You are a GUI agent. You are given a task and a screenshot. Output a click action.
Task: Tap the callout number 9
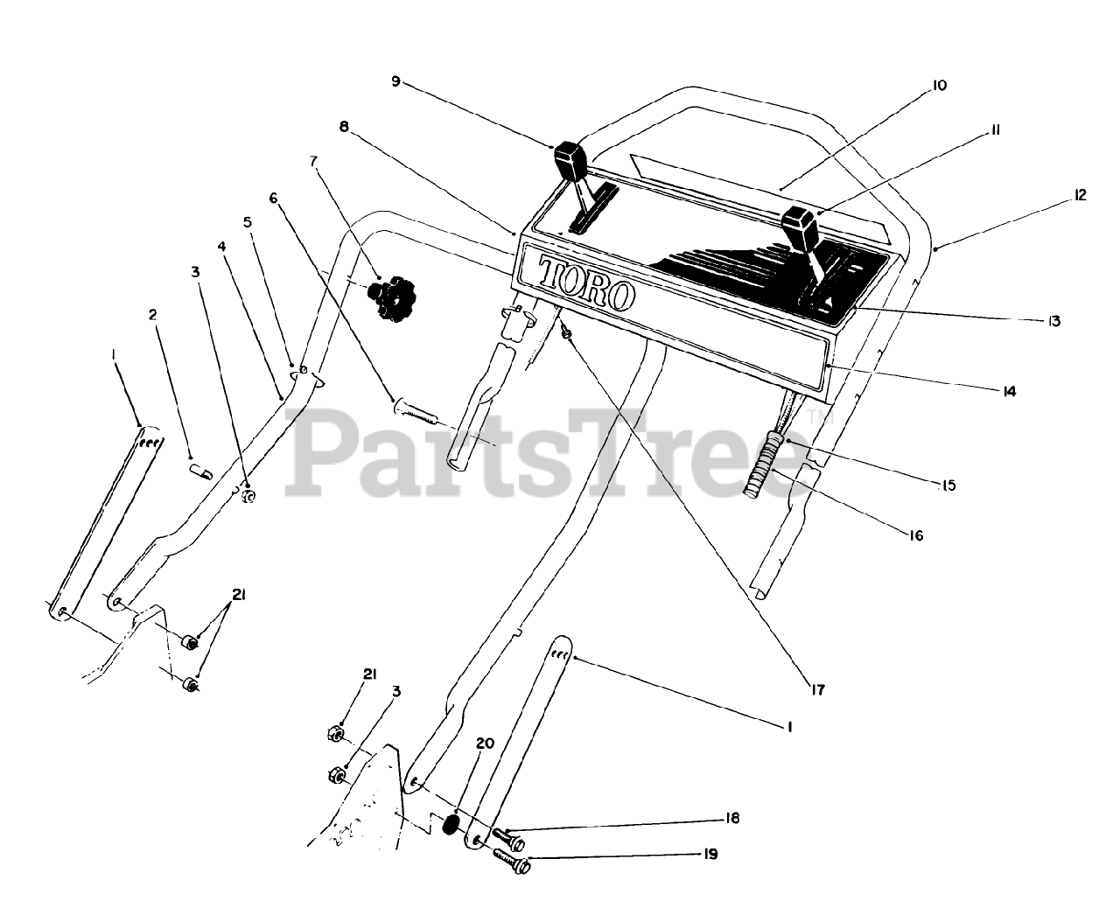395,81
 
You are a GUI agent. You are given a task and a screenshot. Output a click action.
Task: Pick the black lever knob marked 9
569,160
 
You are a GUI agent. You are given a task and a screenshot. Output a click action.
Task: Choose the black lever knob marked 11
800,227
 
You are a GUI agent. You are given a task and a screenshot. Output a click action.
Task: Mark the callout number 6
274,199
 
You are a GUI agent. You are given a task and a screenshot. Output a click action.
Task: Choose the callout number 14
1010,392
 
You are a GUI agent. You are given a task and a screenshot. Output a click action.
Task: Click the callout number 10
915,86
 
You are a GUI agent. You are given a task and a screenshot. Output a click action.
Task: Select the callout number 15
949,485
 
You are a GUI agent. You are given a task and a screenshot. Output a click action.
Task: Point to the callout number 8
344,127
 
